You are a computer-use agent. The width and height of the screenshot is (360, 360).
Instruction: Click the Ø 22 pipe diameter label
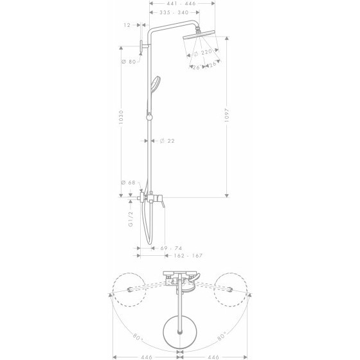tap(167, 141)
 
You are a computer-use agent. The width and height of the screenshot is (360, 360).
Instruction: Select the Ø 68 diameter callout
tap(127, 183)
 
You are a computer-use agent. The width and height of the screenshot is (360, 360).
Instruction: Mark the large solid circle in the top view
tap(179, 328)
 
